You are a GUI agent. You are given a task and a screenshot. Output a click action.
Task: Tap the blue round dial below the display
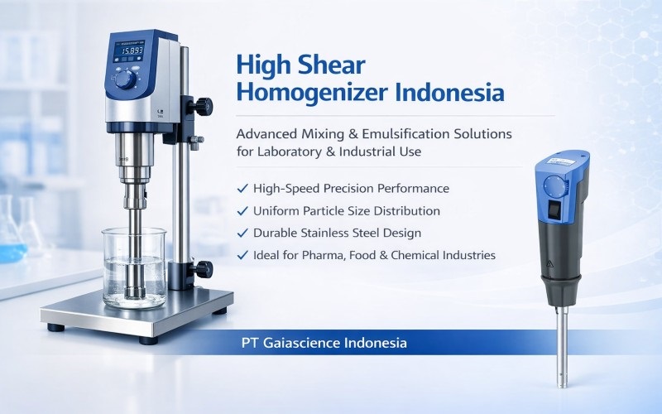(x=125, y=79)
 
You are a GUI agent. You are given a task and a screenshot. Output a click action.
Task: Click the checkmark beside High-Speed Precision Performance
(x=242, y=189)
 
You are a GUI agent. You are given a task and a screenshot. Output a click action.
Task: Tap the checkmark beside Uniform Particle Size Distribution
(x=242, y=211)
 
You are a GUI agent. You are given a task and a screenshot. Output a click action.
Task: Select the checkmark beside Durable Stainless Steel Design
(x=242, y=233)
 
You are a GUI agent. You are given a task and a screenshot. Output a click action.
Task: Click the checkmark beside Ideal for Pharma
(x=242, y=256)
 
